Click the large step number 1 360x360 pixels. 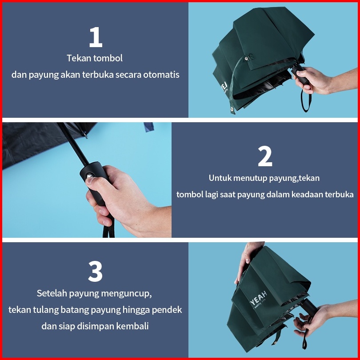point(96,37)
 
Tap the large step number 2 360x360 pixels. point(265,156)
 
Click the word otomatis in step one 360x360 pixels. point(161,75)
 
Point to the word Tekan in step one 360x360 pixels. point(76,58)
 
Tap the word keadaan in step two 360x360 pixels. point(307,195)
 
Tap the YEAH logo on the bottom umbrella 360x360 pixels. point(258,298)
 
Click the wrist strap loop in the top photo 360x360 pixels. point(306,100)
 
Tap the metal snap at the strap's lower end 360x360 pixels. point(232,109)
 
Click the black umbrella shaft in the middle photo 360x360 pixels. point(73,144)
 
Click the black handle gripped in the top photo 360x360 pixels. point(300,74)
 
